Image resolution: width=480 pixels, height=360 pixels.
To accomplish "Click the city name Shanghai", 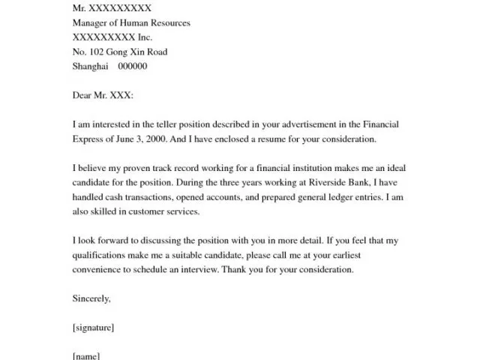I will click(x=90, y=66).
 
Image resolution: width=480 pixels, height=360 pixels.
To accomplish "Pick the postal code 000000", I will click(x=133, y=66).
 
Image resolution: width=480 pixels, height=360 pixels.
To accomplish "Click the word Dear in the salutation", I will click(x=82, y=95).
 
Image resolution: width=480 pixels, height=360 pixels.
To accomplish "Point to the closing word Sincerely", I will click(x=91, y=298).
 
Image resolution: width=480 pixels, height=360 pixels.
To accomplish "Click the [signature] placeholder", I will click(x=93, y=328).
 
